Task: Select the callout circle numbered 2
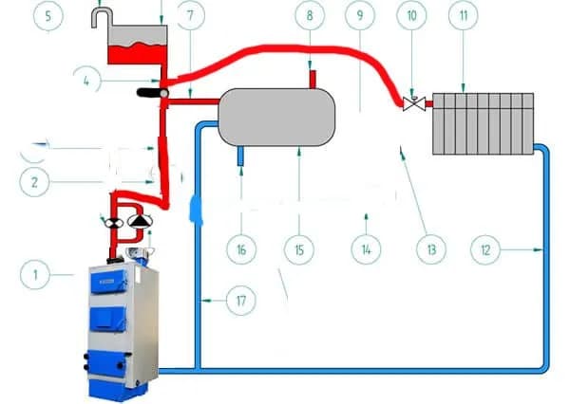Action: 36,181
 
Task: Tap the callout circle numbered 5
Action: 47,16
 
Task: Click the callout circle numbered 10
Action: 412,16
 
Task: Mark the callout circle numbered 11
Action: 463,16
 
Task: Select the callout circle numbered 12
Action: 486,249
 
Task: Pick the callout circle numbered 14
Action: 364,249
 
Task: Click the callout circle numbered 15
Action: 299,249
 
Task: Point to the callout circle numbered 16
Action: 241,249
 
